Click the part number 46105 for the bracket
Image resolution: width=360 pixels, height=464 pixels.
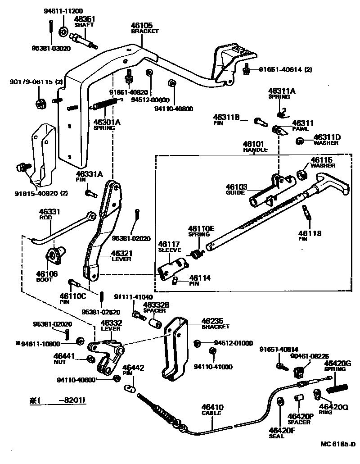pos(142,26)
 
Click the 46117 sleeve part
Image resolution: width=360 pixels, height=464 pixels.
pos(171,268)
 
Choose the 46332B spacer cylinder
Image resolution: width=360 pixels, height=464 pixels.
pos(155,324)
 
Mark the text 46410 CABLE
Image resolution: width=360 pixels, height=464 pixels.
pos(212,409)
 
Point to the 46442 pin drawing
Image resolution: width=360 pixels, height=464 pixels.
pos(131,388)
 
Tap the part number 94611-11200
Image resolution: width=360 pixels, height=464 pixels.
pos(63,10)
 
